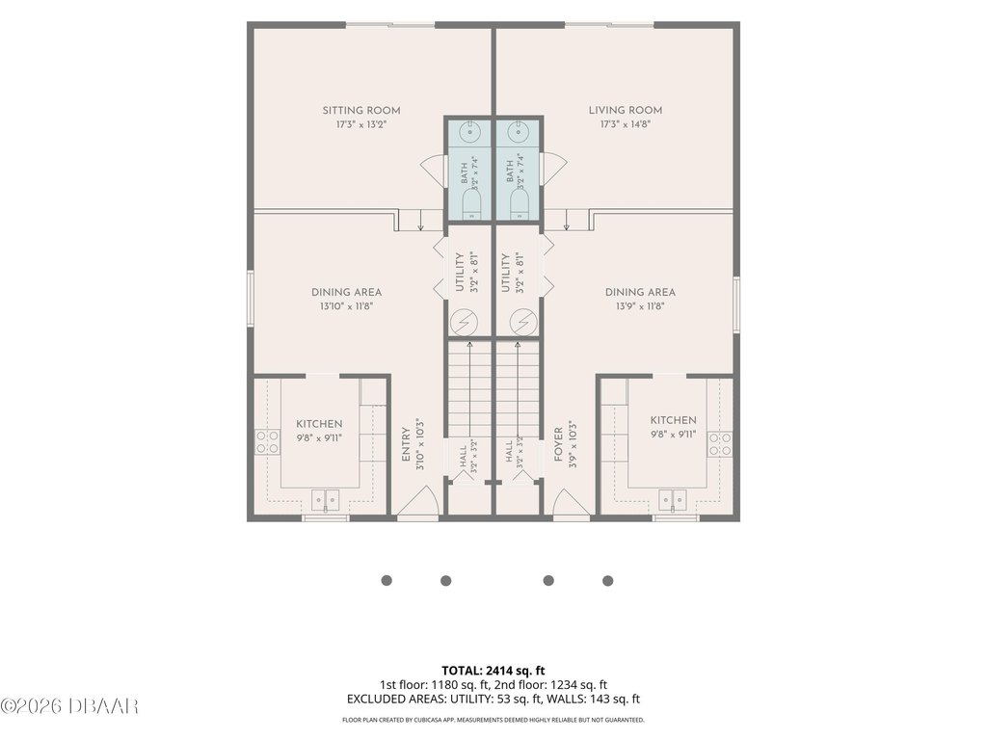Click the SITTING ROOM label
tap(361, 110)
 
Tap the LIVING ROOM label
tap(625, 110)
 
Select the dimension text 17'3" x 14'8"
tap(625, 124)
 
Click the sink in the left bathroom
tap(469, 132)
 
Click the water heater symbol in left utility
tap(464, 322)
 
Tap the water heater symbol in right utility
tap(523, 322)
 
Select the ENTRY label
tap(406, 445)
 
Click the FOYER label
tap(558, 445)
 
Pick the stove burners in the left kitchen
tap(268, 441)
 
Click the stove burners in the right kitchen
tap(720, 443)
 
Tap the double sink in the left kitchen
tap(325, 500)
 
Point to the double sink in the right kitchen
tap(672, 500)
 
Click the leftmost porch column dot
tap(387, 580)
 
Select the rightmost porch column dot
tap(607, 581)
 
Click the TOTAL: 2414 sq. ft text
tap(493, 671)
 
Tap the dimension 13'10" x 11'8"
tap(346, 306)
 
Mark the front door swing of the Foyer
tap(572, 504)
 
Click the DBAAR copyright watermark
tap(69, 706)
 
